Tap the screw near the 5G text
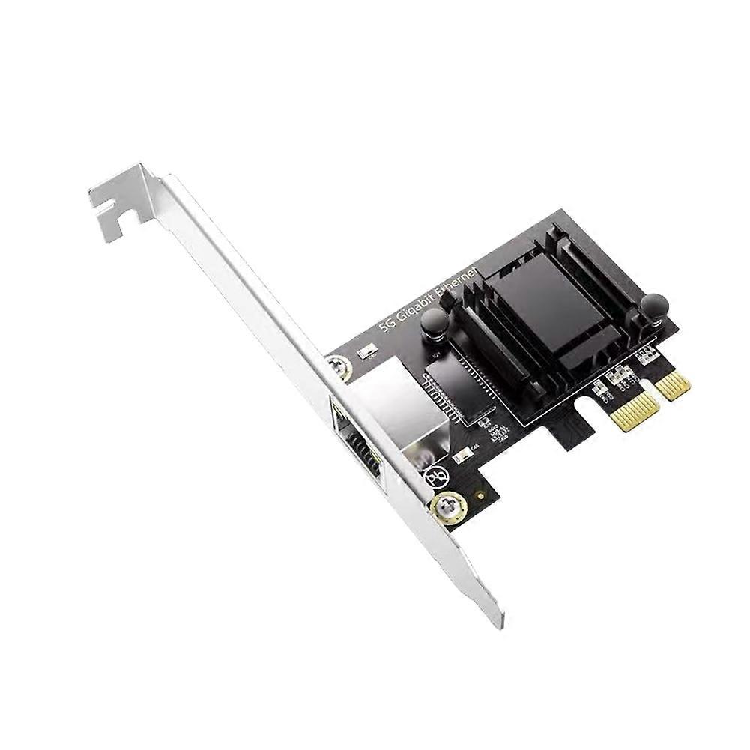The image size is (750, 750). [x=339, y=367]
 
